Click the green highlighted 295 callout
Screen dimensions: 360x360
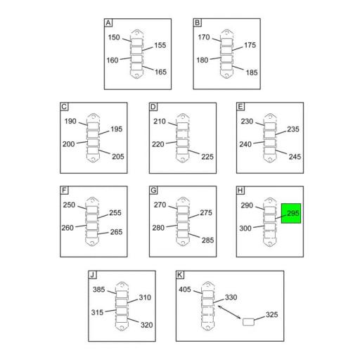(291, 213)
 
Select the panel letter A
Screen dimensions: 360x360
(108, 22)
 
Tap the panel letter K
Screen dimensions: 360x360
(180, 275)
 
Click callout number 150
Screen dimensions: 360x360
(114, 37)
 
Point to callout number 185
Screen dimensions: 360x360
(252, 72)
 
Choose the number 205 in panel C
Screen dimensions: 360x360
(118, 157)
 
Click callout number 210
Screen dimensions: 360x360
(160, 122)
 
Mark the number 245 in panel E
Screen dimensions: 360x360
(295, 157)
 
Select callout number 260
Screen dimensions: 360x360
(67, 228)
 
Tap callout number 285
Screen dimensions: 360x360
(208, 240)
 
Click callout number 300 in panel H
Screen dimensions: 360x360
(245, 228)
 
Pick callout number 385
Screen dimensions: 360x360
(98, 290)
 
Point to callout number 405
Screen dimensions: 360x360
(185, 290)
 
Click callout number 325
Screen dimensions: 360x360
(272, 314)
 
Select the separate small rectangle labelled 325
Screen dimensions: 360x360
(248, 322)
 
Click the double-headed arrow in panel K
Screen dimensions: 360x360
(229, 312)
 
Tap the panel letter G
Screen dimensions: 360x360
(153, 190)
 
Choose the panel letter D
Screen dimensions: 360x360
(153, 107)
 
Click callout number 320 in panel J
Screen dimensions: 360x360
(147, 325)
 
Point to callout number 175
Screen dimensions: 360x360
(250, 45)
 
